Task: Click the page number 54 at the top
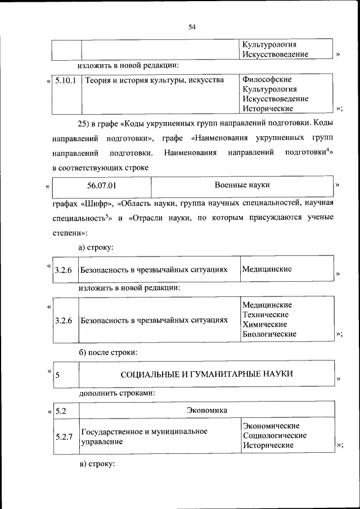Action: coord(192,26)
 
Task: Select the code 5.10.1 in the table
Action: coord(66,80)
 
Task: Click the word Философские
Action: coord(267,79)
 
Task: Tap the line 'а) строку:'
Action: coord(96,247)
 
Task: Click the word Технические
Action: coord(265,314)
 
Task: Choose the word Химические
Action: coord(264,325)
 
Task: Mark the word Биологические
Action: coord(269,334)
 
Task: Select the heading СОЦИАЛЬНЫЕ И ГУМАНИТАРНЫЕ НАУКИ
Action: coord(207,374)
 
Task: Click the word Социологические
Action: coord(274,435)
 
